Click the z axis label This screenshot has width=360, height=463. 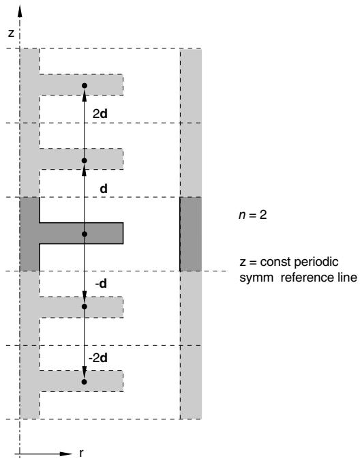click(11, 33)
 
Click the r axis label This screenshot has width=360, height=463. click(81, 453)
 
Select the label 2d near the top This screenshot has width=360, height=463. click(100, 114)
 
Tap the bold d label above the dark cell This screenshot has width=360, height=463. click(104, 189)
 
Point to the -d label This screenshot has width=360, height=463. click(101, 284)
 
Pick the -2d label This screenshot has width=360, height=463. click(98, 358)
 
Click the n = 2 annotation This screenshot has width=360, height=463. click(252, 215)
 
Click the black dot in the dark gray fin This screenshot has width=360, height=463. click(85, 234)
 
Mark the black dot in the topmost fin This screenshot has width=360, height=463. click(85, 86)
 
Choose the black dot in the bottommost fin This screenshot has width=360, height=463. click(84, 382)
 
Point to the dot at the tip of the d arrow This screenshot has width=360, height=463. click(84, 161)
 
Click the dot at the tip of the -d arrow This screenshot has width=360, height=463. click(85, 307)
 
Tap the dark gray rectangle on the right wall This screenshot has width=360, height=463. click(191, 234)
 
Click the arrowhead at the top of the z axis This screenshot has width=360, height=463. click(20, 11)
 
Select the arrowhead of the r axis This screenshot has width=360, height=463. click(65, 453)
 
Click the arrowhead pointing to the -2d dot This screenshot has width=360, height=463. click(85, 372)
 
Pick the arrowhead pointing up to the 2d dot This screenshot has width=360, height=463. click(85, 95)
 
